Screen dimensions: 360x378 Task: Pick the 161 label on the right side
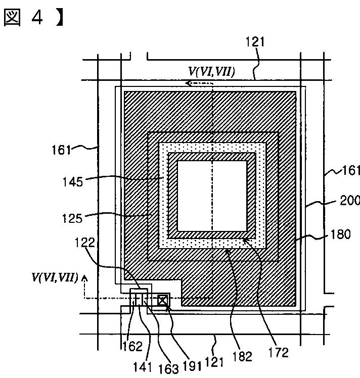point(350,170)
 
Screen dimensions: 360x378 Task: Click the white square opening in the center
point(211,194)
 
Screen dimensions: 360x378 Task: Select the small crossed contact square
point(162,300)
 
